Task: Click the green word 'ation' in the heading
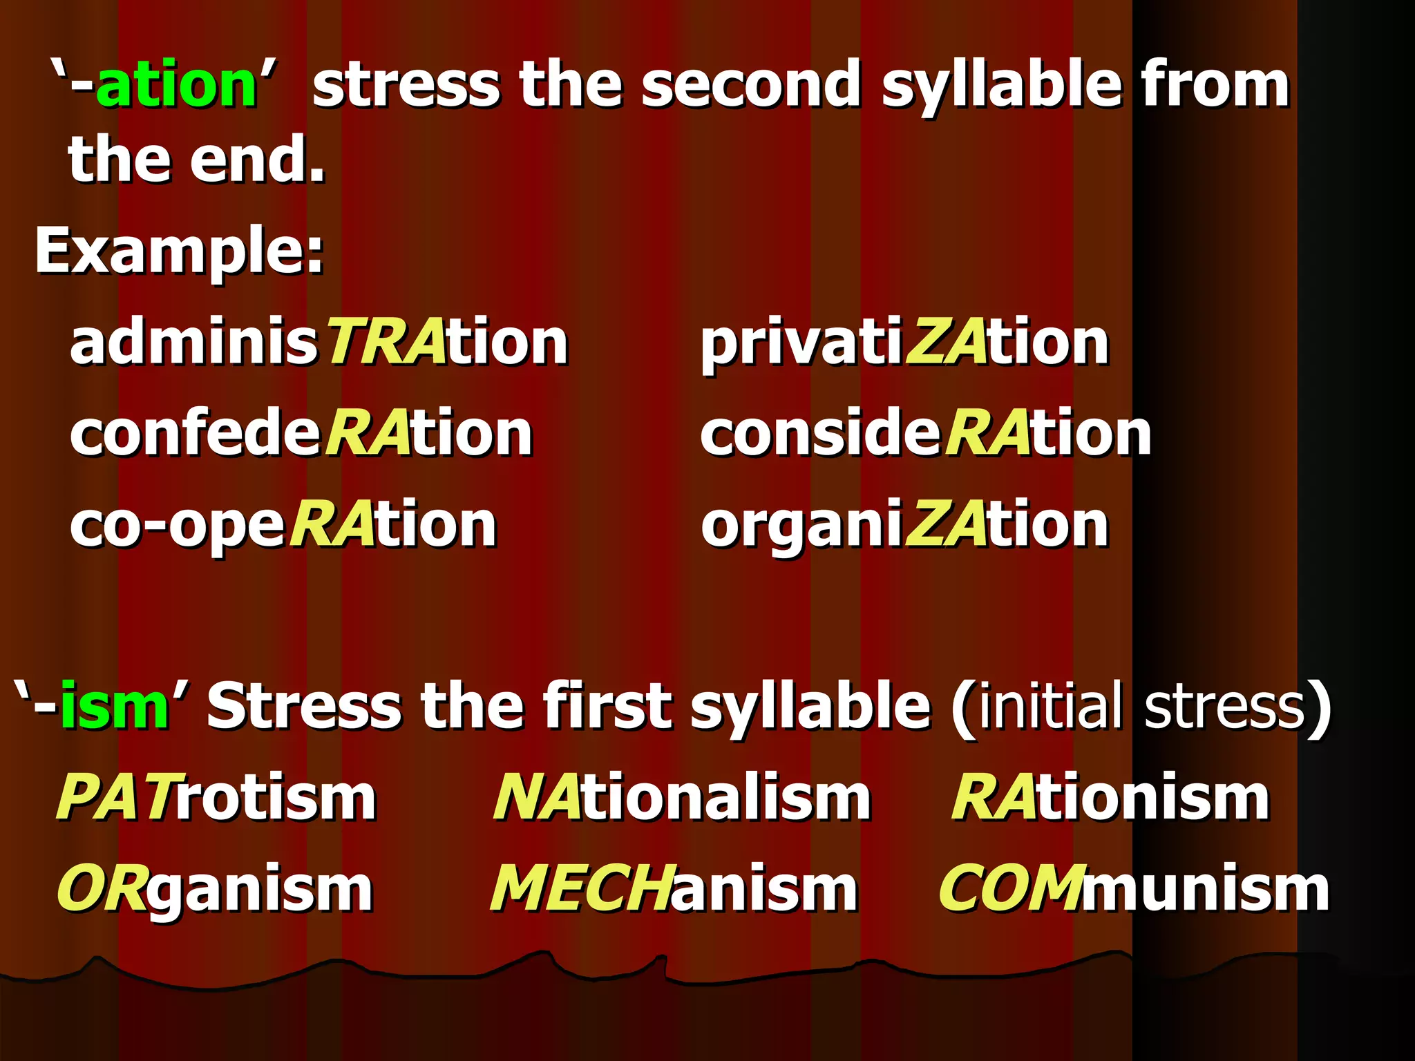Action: click(x=176, y=86)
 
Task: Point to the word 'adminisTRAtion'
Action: click(x=319, y=343)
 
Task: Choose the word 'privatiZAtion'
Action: click(x=904, y=344)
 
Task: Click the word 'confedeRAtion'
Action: click(x=301, y=434)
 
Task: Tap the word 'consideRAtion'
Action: click(x=926, y=434)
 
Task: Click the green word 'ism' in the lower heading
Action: click(x=114, y=706)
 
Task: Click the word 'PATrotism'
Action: click(x=217, y=797)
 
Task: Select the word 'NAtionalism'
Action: click(x=682, y=797)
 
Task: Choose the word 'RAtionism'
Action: click(x=1110, y=797)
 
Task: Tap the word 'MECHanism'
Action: click(x=674, y=889)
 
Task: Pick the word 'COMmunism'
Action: click(x=1134, y=889)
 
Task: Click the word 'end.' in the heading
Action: click(x=257, y=160)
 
